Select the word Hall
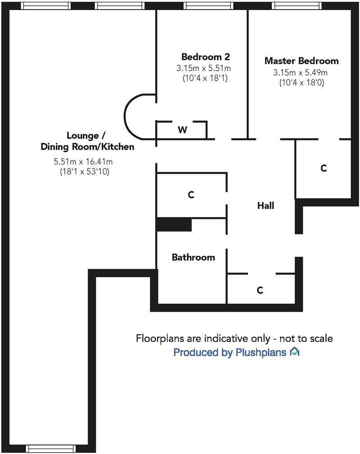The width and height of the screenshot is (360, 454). pos(265,206)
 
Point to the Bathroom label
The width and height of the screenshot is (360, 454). pos(193,257)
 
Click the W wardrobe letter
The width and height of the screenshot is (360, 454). pos(182,130)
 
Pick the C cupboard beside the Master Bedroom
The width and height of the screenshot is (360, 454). pos(323,168)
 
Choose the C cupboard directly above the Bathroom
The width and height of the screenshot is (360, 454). pos(191,195)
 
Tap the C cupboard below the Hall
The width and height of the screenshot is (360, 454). pos(260,290)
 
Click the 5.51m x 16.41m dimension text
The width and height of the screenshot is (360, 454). pos(83,162)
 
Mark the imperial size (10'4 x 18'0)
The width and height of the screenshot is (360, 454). pos(301,82)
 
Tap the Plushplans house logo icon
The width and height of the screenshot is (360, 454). pos(295,352)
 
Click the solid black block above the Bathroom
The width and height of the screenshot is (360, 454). pos(174,224)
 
